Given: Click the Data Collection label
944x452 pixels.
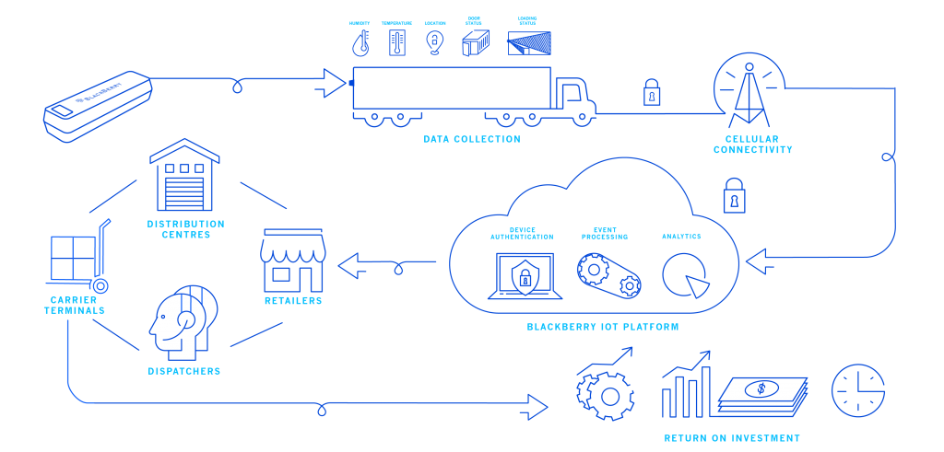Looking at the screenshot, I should (472, 140).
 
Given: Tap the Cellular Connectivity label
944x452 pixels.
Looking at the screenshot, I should (752, 145).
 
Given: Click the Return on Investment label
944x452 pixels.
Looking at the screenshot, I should (732, 438).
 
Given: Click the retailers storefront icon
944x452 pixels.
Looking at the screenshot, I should (293, 261).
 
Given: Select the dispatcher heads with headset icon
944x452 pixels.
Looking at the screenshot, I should (184, 322).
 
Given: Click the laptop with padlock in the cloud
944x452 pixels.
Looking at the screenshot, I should (525, 275).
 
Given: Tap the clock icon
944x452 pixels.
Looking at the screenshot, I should (858, 390).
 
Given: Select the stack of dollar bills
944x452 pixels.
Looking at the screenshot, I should (761, 396).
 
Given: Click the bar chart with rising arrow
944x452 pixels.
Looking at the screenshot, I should (687, 387).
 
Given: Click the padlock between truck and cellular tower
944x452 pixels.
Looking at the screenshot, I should (652, 93).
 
